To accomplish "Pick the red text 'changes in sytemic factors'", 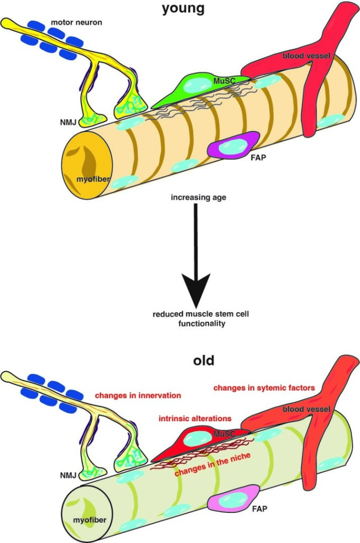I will click(264, 388).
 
